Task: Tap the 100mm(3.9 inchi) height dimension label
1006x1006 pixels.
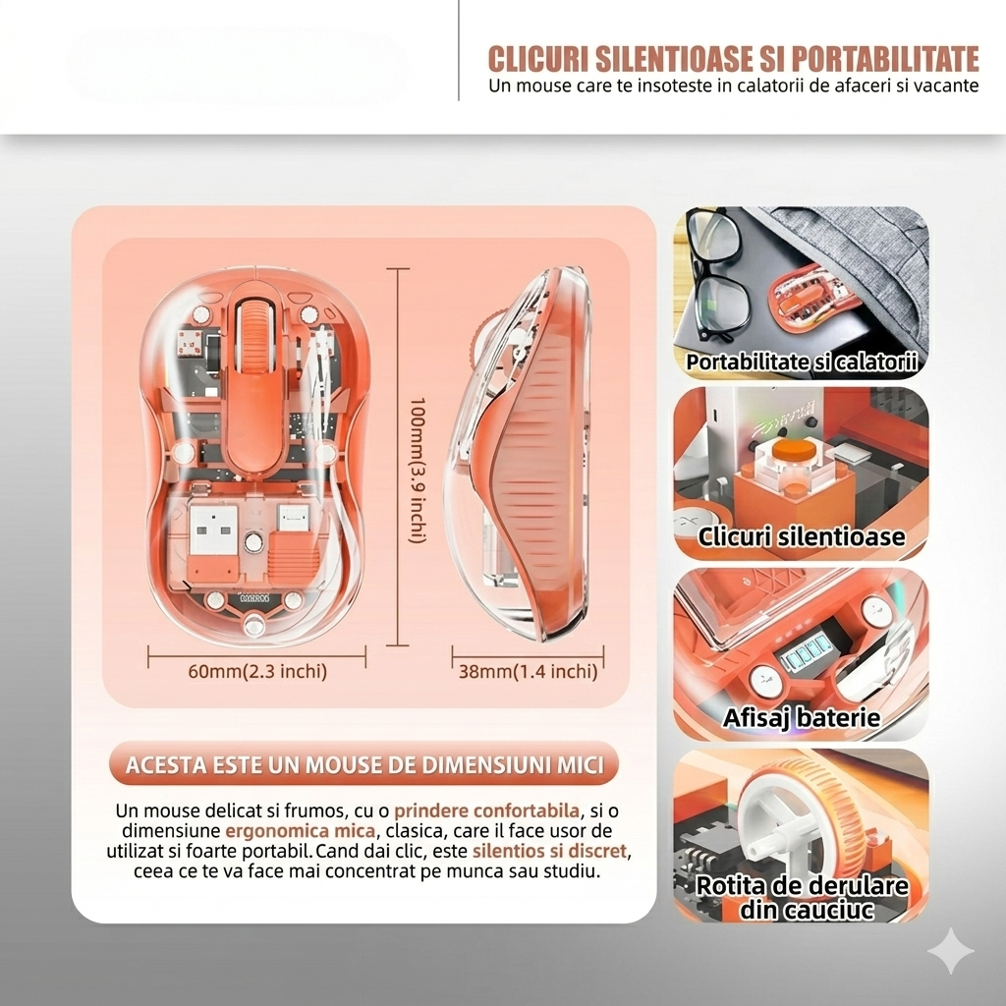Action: coord(418,471)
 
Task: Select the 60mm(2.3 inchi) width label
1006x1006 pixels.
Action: coord(257,671)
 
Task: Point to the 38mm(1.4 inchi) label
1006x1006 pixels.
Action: coord(528,671)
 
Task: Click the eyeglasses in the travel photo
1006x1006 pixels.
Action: coord(715,275)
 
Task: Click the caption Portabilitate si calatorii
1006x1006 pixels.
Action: coord(802,362)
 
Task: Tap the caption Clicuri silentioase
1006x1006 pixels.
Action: coord(802,536)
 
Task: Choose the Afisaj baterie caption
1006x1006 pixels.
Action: coord(802,717)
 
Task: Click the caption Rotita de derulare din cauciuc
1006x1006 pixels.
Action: coord(802,897)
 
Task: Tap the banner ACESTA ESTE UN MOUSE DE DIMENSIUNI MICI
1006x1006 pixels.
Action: coord(364,764)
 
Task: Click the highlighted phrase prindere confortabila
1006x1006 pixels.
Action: coord(487,810)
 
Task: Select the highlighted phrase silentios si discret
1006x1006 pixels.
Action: coord(549,851)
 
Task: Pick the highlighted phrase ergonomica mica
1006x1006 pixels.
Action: coord(301,831)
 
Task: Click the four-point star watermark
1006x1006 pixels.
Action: coord(951,951)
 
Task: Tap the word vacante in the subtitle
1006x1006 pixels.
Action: coord(951,85)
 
